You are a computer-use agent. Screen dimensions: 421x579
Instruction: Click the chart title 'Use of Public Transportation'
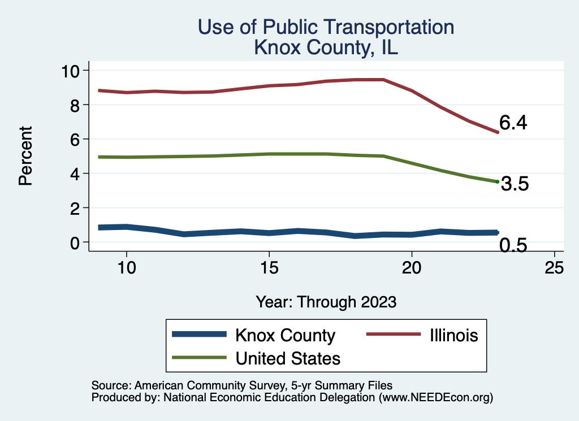[x=326, y=27]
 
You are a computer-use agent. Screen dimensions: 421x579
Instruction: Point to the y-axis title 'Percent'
[x=25, y=156]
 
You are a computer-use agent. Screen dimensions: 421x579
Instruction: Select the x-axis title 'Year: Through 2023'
[x=326, y=301]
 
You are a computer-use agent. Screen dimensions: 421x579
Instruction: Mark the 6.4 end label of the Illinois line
[x=513, y=123]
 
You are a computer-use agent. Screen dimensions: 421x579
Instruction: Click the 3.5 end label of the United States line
[x=515, y=184]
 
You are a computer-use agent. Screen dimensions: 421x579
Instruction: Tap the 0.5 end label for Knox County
[x=513, y=245]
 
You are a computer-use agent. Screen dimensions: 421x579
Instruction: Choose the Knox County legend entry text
[x=285, y=335]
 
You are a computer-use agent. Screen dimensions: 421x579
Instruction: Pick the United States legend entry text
[x=288, y=358]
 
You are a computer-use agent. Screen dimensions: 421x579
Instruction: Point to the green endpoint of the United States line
[x=497, y=181]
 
